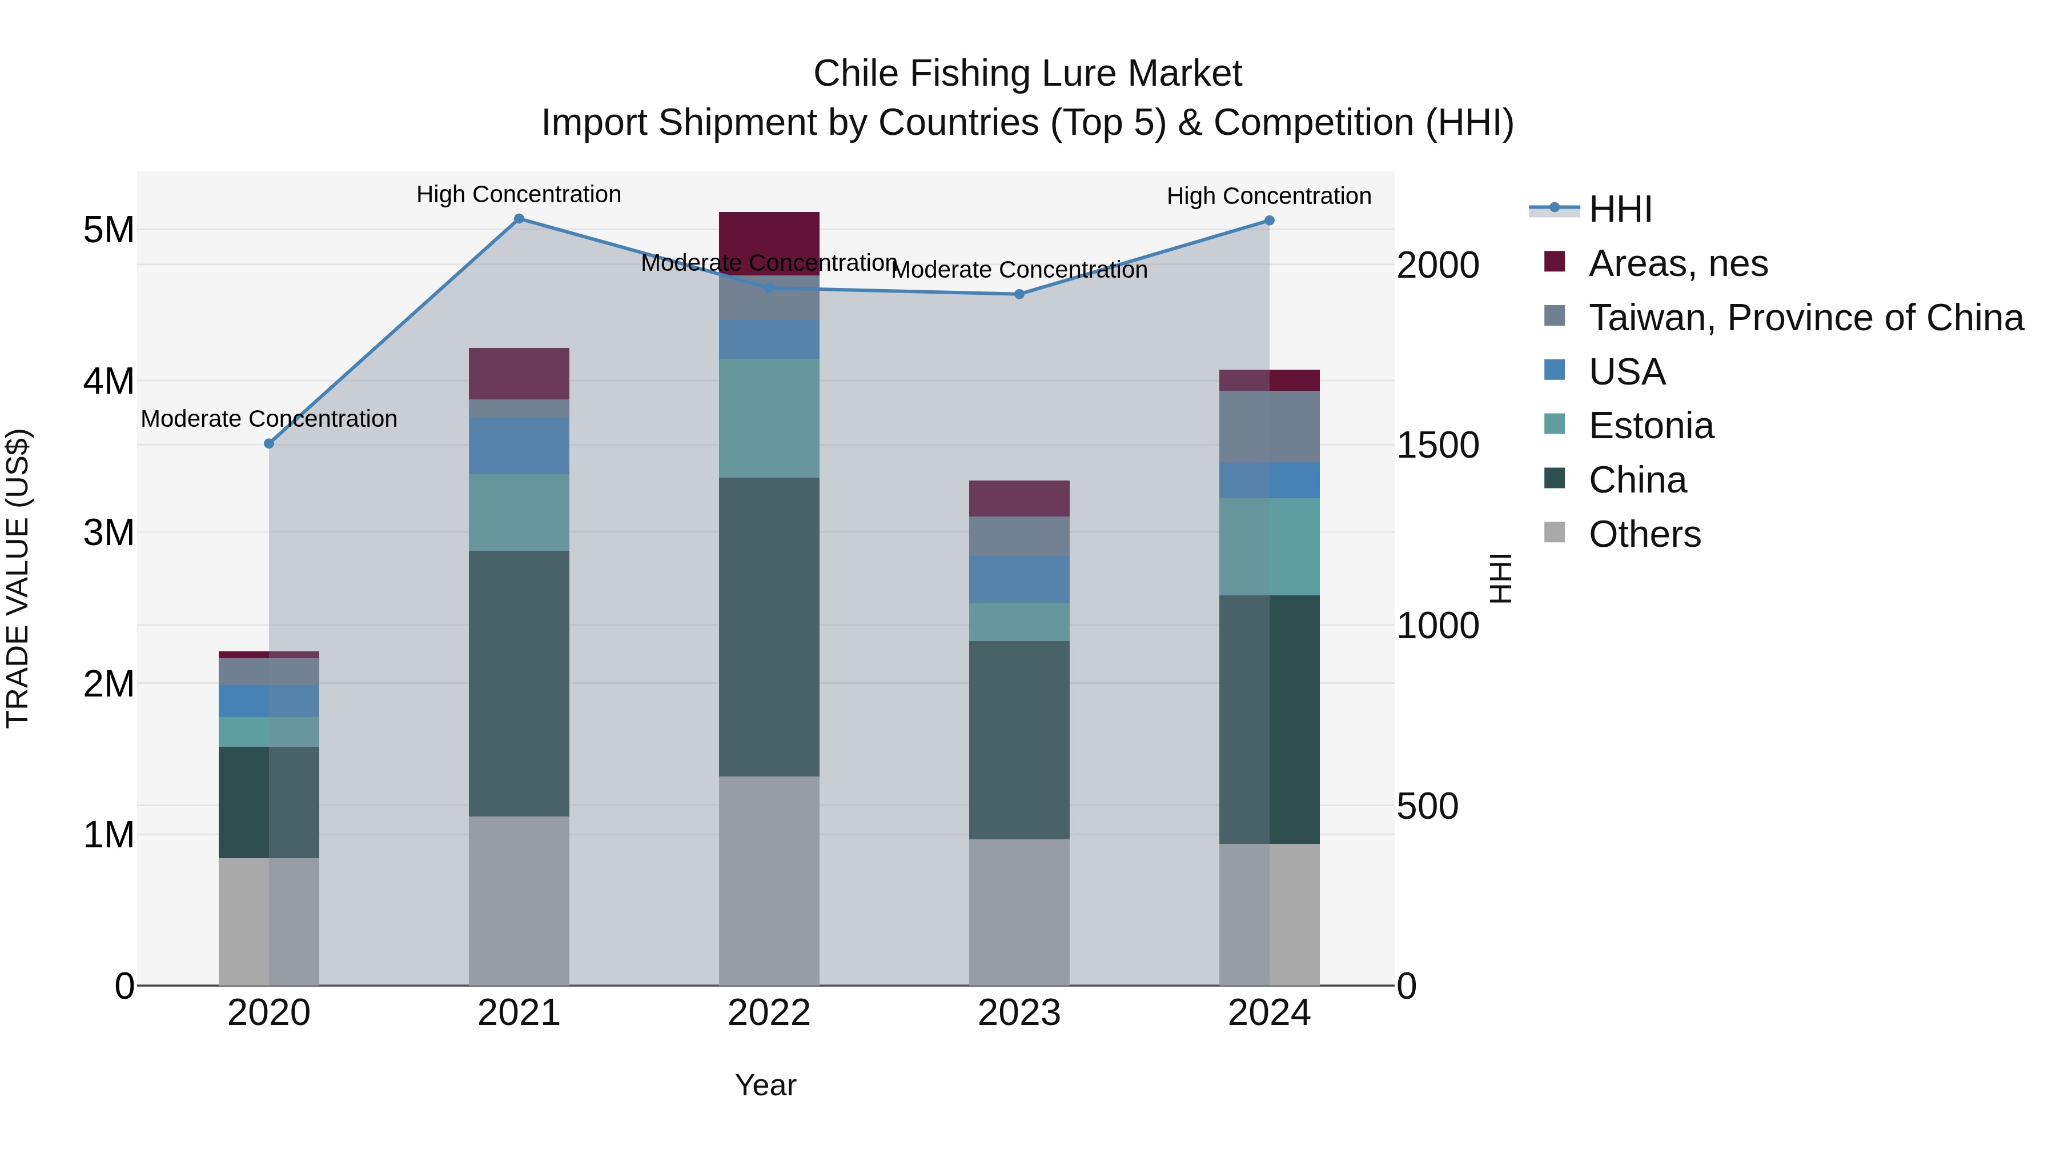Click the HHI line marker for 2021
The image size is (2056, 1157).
[x=519, y=219]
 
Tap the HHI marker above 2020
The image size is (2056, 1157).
[x=269, y=444]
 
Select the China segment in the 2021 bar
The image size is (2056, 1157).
[x=519, y=683]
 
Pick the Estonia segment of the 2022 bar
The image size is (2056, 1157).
[x=769, y=418]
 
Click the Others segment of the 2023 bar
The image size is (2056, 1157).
[x=1019, y=911]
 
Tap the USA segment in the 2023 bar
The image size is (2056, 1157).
[x=1019, y=579]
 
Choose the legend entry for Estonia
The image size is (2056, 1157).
[x=1650, y=426]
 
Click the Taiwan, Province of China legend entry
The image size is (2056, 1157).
[x=1805, y=318]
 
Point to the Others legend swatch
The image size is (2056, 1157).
[x=1554, y=533]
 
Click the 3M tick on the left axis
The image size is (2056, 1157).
[x=109, y=533]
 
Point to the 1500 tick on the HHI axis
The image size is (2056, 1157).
[x=1437, y=446]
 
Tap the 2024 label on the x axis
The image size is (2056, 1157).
[x=1269, y=1013]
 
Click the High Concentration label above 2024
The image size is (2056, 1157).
[x=1269, y=195]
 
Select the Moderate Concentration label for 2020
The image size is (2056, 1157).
[x=269, y=418]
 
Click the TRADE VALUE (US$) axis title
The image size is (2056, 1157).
[x=18, y=578]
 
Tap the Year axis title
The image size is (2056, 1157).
[x=765, y=1085]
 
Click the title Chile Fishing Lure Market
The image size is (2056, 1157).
[x=1027, y=74]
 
